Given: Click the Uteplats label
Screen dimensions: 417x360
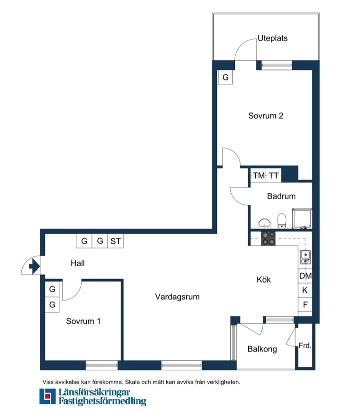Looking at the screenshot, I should coord(272,38).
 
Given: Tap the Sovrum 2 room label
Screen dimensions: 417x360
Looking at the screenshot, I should coord(266,116).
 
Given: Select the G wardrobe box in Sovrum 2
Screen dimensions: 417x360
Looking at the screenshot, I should coord(225,78).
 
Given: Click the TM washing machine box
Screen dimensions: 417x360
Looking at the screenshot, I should coord(259,176).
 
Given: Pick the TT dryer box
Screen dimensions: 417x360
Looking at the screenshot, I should coord(274,176).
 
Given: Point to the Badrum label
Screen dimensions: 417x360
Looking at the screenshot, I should coord(281,196).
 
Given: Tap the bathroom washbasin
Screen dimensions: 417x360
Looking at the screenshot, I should coord(264,223).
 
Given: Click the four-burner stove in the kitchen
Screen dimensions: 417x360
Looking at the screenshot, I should coord(268,238).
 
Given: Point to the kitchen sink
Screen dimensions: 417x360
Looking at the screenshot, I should coord(305,257).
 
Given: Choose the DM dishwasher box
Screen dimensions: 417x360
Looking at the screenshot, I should coord(305,276).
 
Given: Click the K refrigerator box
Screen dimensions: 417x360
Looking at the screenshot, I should coord(305,290).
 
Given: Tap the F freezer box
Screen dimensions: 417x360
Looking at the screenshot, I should coord(305,304).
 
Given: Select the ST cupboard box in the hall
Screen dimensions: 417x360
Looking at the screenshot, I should coord(115,241).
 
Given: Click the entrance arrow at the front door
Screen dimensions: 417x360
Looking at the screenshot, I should coord(33,265).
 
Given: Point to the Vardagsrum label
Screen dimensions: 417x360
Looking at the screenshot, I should coord(177,297).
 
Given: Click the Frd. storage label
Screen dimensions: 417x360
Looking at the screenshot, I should coord(305,345).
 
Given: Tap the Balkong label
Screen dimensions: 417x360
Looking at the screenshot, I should coord(262,349).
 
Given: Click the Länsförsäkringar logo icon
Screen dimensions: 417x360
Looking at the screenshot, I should coord(47,396).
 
